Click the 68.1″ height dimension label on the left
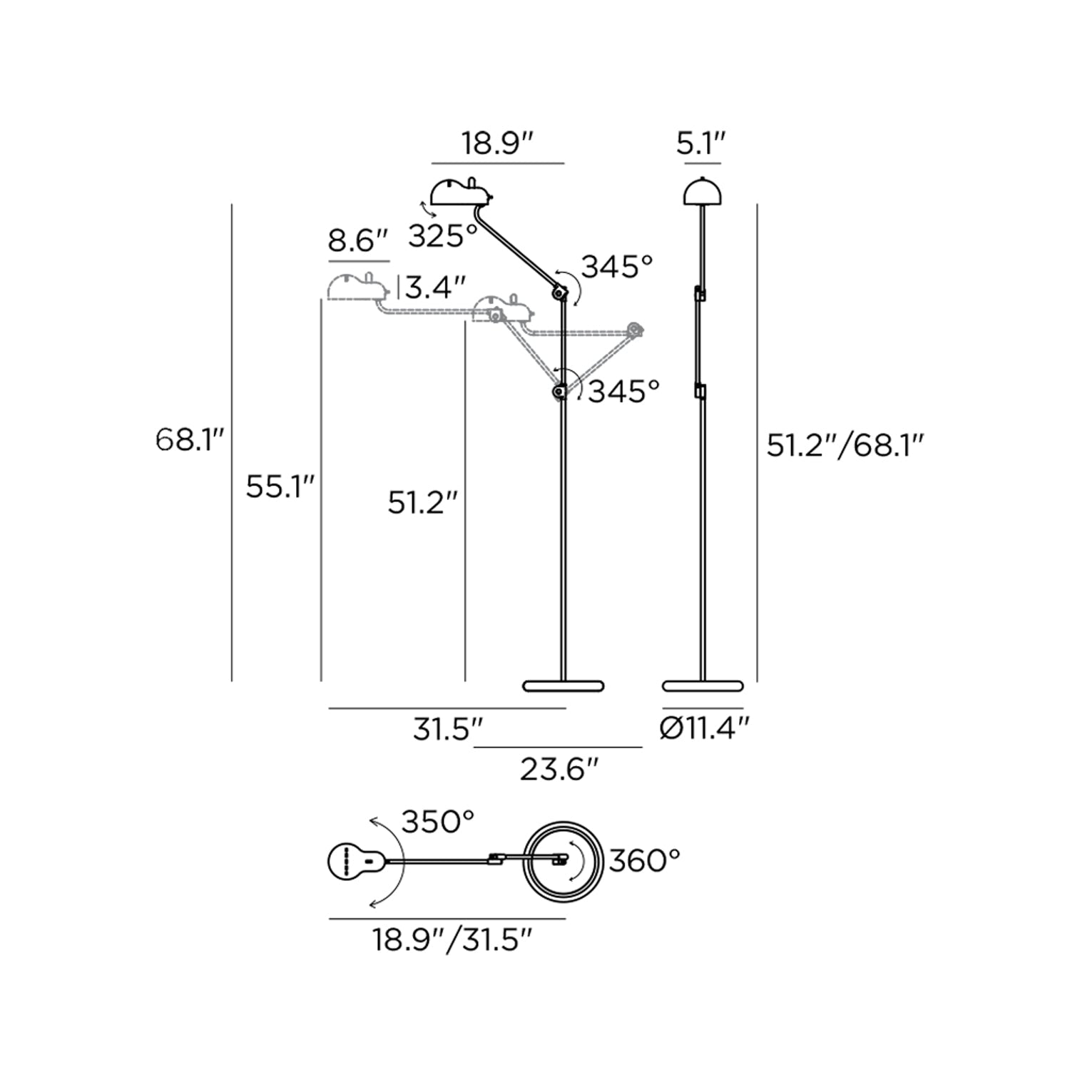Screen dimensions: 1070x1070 coord(190,439)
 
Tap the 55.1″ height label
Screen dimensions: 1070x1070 coord(280,486)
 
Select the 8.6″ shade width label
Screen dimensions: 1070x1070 coord(358,241)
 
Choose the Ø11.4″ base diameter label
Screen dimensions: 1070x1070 coord(705,729)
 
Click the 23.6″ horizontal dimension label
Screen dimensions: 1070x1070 coord(559,770)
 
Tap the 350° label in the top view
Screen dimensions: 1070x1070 coord(438,822)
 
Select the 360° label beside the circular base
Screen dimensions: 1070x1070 coord(644,861)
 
